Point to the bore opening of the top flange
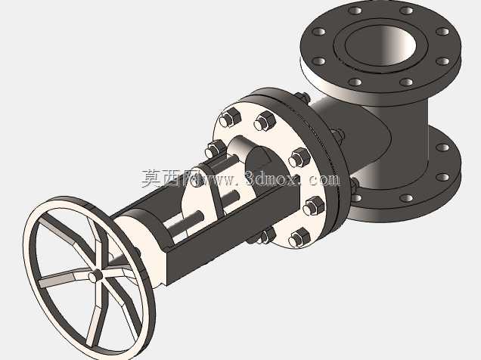pyautogui.click(x=380, y=45)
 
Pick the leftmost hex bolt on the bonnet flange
pyautogui.click(x=214, y=150)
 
